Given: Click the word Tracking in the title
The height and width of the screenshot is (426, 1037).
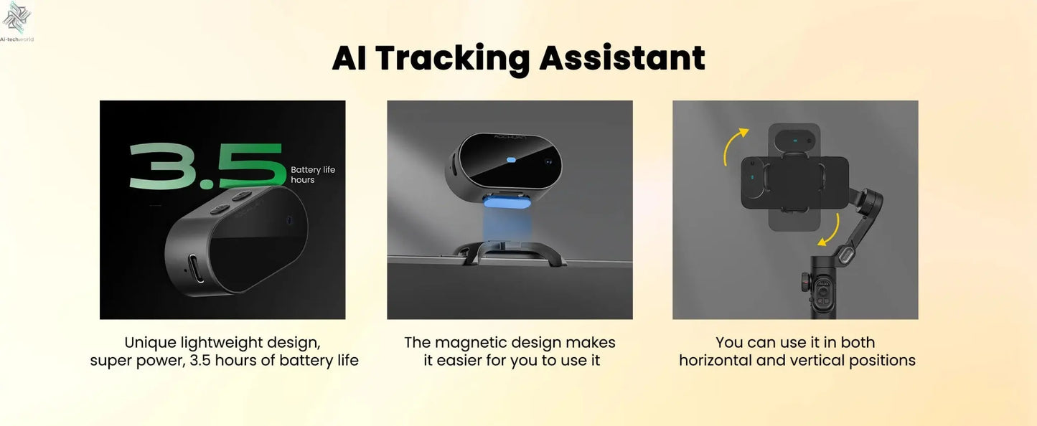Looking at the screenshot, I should [x=452, y=58].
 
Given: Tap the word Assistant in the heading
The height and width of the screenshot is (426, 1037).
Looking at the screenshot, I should [x=621, y=58].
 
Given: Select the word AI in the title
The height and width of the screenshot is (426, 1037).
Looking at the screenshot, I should [x=349, y=58].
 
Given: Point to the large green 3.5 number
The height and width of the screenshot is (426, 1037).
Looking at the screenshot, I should [x=206, y=166].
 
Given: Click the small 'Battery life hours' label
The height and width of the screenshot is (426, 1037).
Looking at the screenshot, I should [x=312, y=175].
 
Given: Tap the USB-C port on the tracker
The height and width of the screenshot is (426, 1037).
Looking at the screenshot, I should [x=194, y=268].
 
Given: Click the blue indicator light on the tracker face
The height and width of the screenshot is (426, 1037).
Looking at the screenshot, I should [x=511, y=161].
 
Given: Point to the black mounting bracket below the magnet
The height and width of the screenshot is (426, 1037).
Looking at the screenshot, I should [x=510, y=252].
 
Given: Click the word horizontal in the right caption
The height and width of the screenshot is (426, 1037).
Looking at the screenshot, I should [x=721, y=360].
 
